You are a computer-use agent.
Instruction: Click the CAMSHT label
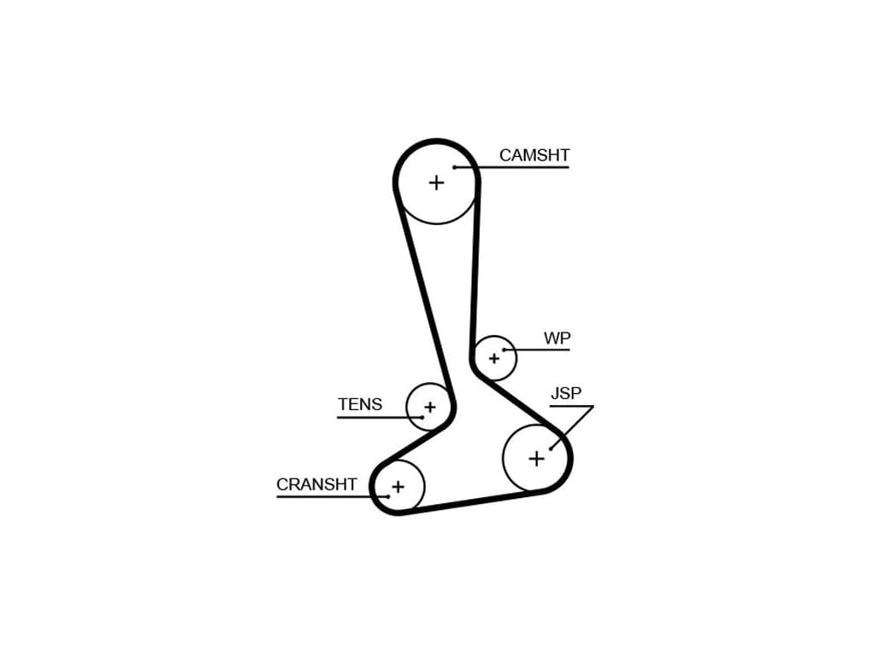coord(534,155)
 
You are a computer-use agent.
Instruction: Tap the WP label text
coord(557,339)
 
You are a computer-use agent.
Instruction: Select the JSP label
coord(566,393)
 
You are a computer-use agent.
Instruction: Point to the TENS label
coord(360,404)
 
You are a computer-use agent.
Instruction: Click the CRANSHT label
coord(317,484)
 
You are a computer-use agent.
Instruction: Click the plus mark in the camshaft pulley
coord(436,182)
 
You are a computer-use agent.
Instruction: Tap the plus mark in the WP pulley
coord(493,358)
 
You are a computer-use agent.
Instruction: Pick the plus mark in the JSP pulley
coord(536,459)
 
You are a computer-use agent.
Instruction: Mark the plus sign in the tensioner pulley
coord(429,407)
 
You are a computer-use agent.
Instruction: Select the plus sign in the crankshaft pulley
coord(397,487)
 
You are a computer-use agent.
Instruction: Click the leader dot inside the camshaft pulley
coord(455,167)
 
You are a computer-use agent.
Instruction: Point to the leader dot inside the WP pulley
coord(504,350)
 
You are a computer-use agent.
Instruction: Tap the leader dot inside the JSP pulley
coord(551,448)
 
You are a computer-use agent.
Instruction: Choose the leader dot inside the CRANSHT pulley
coord(388,496)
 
